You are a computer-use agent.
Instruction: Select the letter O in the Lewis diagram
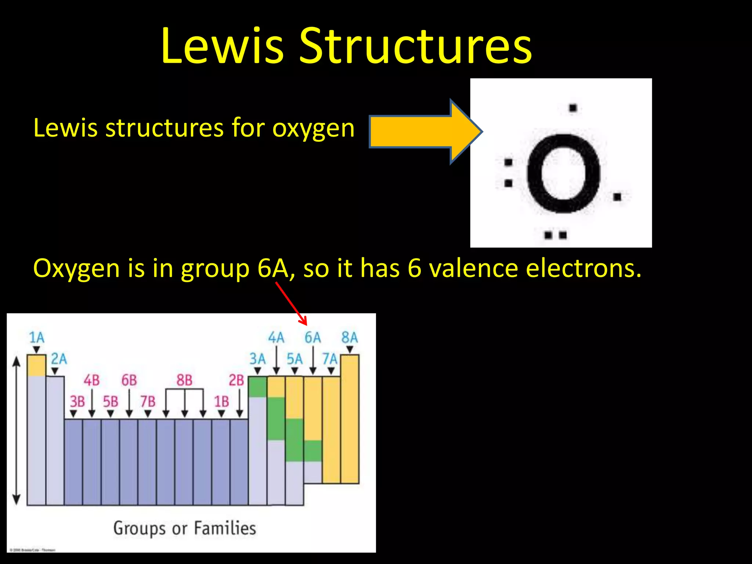pyautogui.click(x=563, y=173)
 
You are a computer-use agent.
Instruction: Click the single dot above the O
pyautogui.click(x=573, y=108)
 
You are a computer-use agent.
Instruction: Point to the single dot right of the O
pyautogui.click(x=617, y=197)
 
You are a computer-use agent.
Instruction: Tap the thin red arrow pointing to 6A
pyautogui.click(x=291, y=304)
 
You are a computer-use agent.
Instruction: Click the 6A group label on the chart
pyautogui.click(x=312, y=337)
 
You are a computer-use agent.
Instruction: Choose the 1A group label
pyautogui.click(x=36, y=337)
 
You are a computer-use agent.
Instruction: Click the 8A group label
pyautogui.click(x=349, y=337)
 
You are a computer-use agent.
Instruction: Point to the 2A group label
pyautogui.click(x=59, y=359)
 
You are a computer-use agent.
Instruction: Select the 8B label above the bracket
pyautogui.click(x=184, y=380)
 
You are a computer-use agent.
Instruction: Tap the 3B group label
pyautogui.click(x=77, y=401)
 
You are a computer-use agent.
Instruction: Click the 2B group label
pyautogui.click(x=236, y=380)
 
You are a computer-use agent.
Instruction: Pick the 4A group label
pyautogui.click(x=276, y=337)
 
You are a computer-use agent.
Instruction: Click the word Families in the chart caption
pyautogui.click(x=225, y=528)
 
